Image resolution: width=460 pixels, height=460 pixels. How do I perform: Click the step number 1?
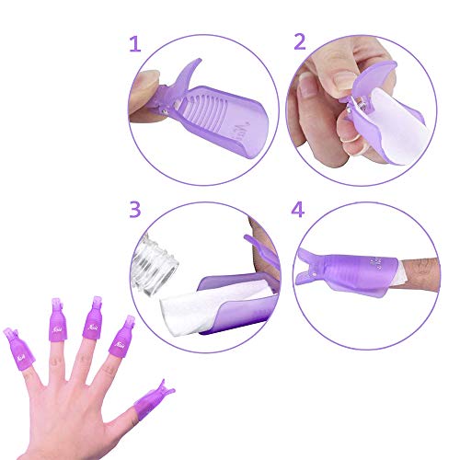pos(135,44)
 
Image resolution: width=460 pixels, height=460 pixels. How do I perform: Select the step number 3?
pos(135,210)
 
